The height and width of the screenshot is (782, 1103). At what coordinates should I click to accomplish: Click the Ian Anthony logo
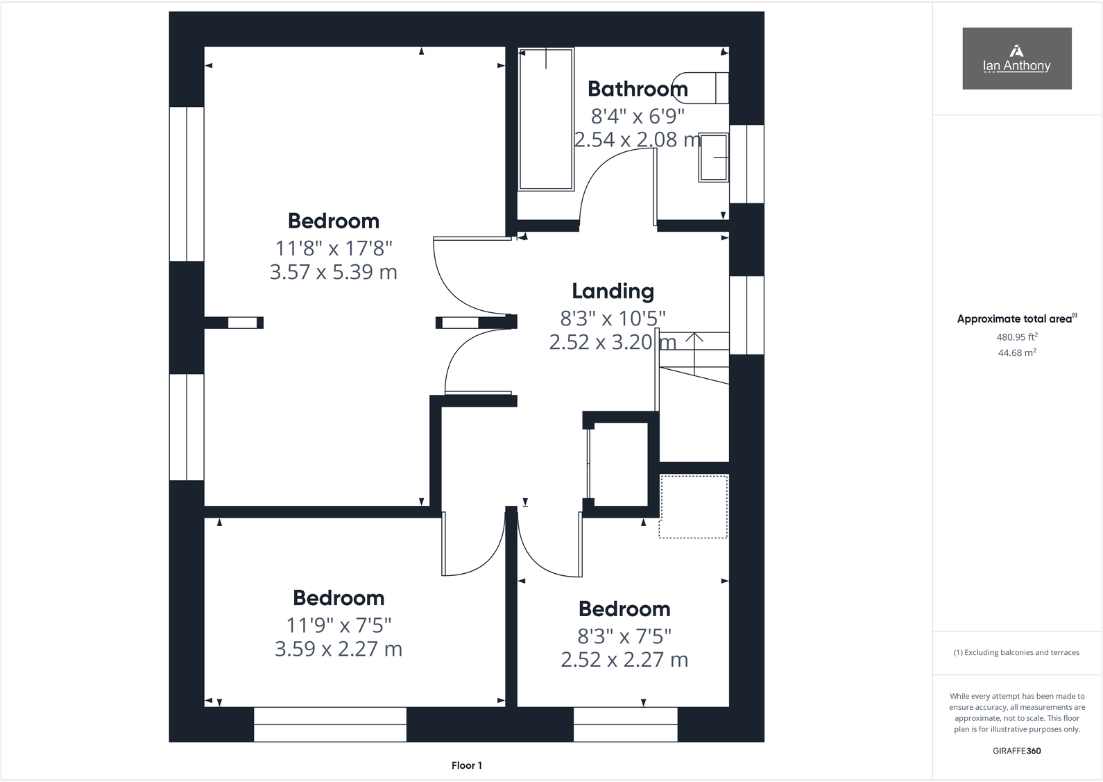pyautogui.click(x=1016, y=58)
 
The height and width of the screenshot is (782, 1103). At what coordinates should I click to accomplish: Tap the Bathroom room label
pyautogui.click(x=638, y=89)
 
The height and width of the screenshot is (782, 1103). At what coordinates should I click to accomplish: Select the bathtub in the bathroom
pyautogui.click(x=546, y=119)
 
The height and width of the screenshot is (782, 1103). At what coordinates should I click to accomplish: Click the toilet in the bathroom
pyautogui.click(x=706, y=87)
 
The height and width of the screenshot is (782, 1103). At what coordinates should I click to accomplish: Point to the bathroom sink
pyautogui.click(x=713, y=158)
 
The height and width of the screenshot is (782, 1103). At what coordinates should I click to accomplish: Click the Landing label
pyautogui.click(x=613, y=291)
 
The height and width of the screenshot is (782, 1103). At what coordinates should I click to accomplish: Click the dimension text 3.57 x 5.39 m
pyautogui.click(x=333, y=272)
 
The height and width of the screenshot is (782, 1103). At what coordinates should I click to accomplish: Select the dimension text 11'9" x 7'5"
pyautogui.click(x=339, y=625)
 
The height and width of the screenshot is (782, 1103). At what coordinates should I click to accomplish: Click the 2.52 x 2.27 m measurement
pyautogui.click(x=624, y=659)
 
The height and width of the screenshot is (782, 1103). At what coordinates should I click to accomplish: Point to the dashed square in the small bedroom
pyautogui.click(x=693, y=507)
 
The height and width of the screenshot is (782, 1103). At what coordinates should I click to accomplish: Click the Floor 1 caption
pyautogui.click(x=466, y=765)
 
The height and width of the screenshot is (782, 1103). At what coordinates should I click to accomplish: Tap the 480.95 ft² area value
pyautogui.click(x=1016, y=337)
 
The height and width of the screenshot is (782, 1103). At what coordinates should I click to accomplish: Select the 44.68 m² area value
pyautogui.click(x=1016, y=352)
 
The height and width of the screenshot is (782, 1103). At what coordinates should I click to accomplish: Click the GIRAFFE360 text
pyautogui.click(x=1016, y=751)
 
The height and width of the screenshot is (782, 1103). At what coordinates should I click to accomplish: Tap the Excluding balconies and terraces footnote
pyautogui.click(x=1016, y=652)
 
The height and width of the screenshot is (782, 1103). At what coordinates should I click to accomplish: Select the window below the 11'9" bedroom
pyautogui.click(x=330, y=724)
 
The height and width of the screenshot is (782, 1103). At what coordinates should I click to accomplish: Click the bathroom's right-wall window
pyautogui.click(x=747, y=164)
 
